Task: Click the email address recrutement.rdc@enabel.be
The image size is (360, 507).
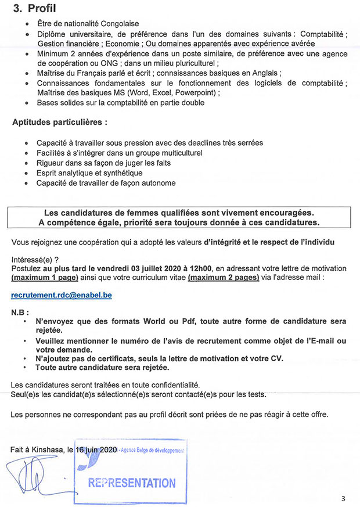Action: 62,295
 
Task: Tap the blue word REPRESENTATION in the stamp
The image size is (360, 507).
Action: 132,483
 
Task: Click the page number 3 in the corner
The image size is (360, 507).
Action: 343,498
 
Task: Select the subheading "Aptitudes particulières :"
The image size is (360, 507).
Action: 60,123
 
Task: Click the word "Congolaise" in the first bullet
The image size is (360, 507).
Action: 120,24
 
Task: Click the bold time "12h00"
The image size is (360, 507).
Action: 199,268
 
